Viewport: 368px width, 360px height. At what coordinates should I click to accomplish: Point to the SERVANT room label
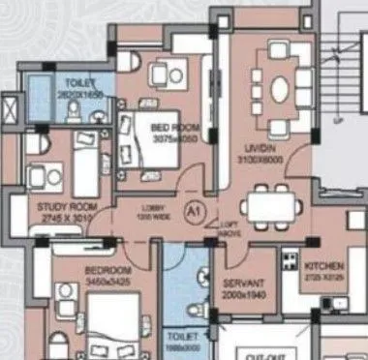click(x=241, y=285)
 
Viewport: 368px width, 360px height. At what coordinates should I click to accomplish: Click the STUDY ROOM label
click(x=63, y=207)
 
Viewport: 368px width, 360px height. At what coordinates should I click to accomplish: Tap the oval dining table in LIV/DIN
click(x=279, y=88)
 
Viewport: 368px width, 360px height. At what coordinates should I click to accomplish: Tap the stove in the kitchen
click(x=290, y=259)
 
